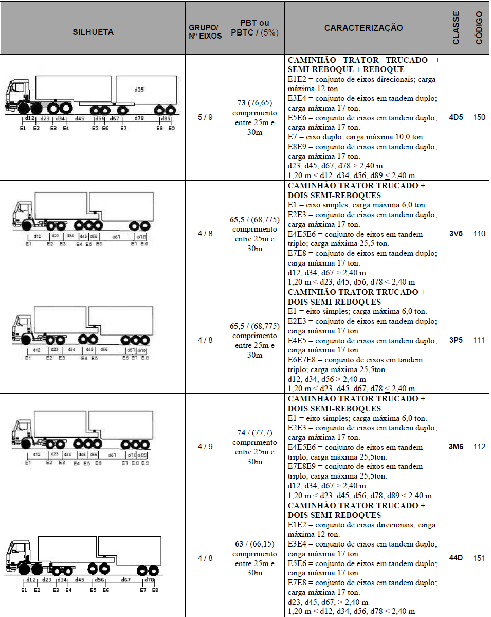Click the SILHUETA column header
click(x=93, y=32)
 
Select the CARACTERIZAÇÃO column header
click(x=363, y=28)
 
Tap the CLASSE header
click(x=456, y=28)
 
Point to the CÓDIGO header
click(x=479, y=28)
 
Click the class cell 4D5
click(x=456, y=117)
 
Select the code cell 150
click(x=479, y=117)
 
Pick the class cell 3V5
click(x=456, y=234)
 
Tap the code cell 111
click(x=479, y=340)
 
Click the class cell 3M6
click(x=456, y=447)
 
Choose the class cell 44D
click(x=456, y=558)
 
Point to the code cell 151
click(x=479, y=558)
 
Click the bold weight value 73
click(x=242, y=103)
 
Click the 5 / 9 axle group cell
click(x=205, y=117)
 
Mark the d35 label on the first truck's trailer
click(x=139, y=90)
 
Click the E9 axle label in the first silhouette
click(x=172, y=128)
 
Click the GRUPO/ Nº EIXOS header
click(x=205, y=32)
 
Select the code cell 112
click(x=479, y=447)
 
